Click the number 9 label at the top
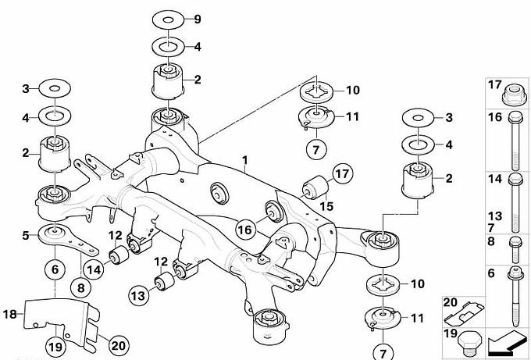[x=198, y=19]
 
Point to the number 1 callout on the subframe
[x=244, y=160]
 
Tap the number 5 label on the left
[x=26, y=233]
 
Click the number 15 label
[x=325, y=205]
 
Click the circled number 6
[x=55, y=269]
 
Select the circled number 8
[x=81, y=287]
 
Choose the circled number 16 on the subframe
[x=245, y=229]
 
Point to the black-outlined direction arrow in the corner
[x=505, y=340]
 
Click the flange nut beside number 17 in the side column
[x=514, y=94]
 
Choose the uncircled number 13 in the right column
[x=494, y=215]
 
